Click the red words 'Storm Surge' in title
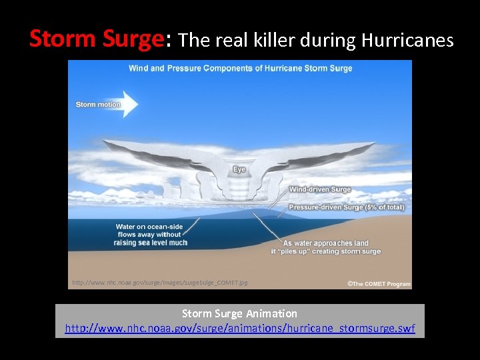point(96,40)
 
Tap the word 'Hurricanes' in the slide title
point(407,40)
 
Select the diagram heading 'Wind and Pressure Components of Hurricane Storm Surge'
point(240,68)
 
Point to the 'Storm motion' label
point(98,105)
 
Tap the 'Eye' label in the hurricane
point(239,169)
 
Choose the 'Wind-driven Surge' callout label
point(319,190)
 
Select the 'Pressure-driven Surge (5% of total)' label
point(346,207)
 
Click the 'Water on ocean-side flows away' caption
point(150,235)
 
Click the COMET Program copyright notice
point(379,284)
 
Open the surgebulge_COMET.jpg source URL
point(160,283)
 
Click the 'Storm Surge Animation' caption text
point(239,313)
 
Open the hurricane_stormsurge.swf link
point(239,328)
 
